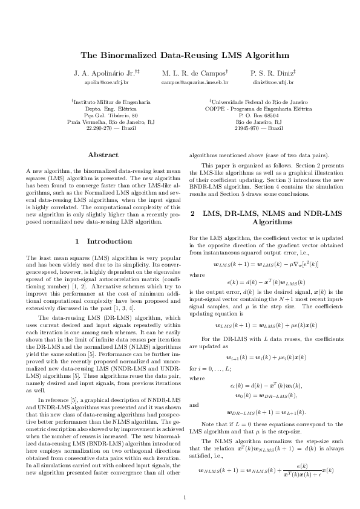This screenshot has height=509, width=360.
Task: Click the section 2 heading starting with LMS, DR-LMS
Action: click(267, 218)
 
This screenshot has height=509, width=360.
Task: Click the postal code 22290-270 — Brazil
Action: click(111, 128)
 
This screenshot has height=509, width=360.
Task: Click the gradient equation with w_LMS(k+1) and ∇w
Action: click(267, 264)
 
